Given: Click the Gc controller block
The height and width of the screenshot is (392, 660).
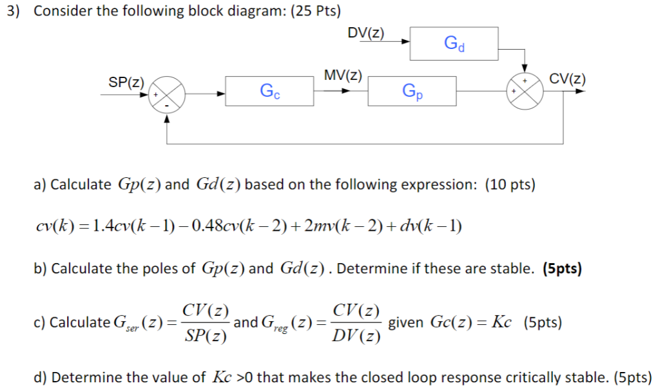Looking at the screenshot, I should (x=269, y=91).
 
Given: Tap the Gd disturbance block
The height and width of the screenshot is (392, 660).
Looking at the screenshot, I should (x=454, y=43).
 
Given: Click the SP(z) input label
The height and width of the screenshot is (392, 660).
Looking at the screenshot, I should (x=126, y=81).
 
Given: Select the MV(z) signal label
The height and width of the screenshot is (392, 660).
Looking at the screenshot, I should (x=343, y=75).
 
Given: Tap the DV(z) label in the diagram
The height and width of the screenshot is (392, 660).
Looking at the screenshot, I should (x=365, y=33).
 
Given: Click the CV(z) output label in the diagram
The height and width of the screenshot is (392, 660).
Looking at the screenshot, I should (x=567, y=79).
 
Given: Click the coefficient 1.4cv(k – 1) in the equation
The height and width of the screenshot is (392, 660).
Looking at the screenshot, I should (x=128, y=226).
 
